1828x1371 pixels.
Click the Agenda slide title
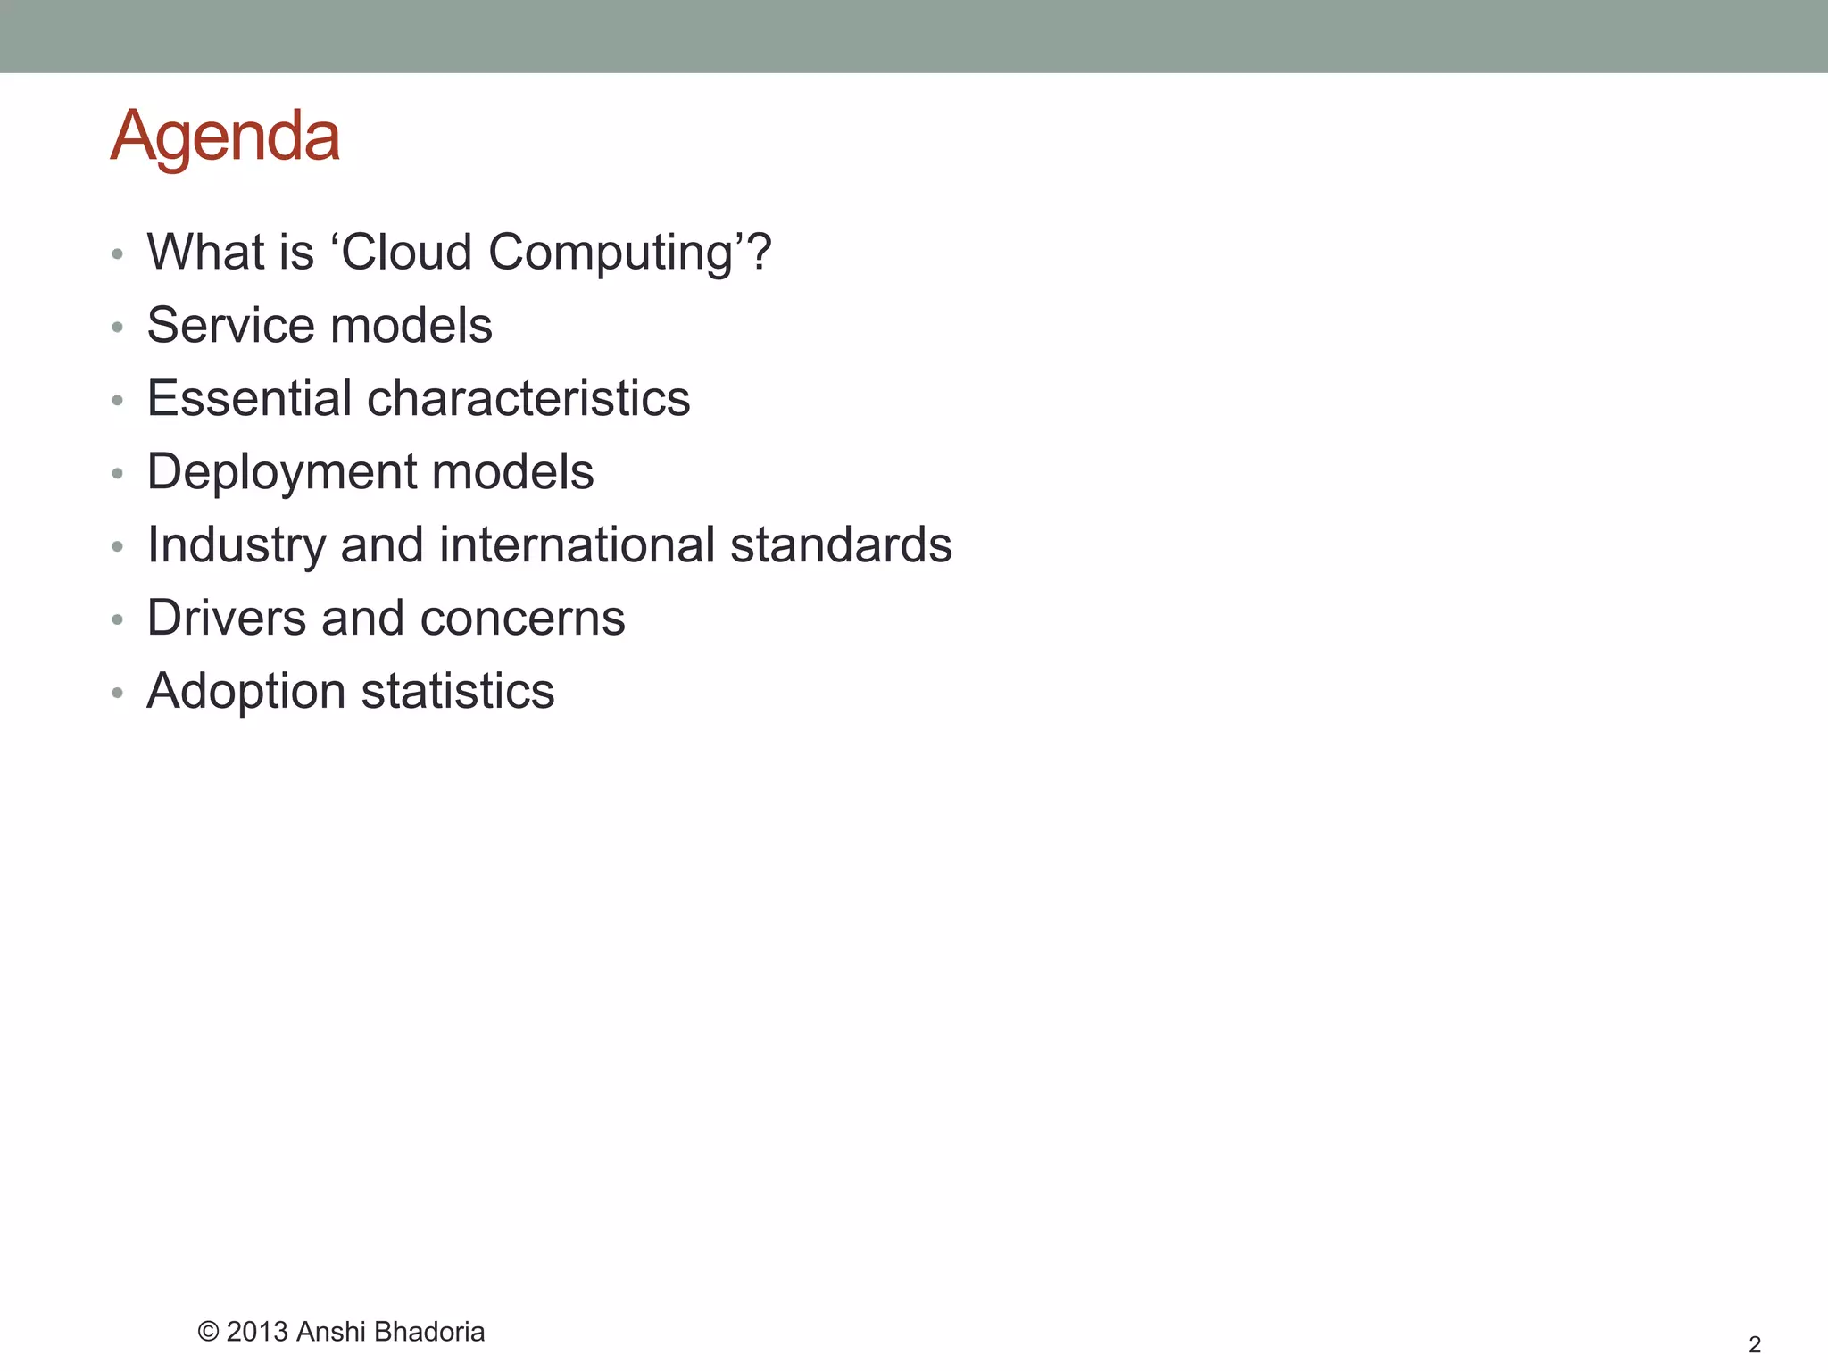[x=225, y=137]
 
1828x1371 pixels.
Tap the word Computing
[x=611, y=253]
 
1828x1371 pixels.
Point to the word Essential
[x=249, y=398]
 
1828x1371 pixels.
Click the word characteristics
[x=528, y=398]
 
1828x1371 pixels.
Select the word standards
[x=841, y=544]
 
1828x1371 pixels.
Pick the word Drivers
[x=227, y=618]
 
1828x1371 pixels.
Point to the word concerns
[x=522, y=619]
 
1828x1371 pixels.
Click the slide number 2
[x=1755, y=1344]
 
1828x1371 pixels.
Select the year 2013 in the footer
[x=257, y=1332]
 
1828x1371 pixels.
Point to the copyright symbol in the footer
[x=208, y=1333]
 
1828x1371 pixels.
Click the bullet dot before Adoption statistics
[x=117, y=693]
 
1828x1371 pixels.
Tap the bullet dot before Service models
[x=117, y=328]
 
